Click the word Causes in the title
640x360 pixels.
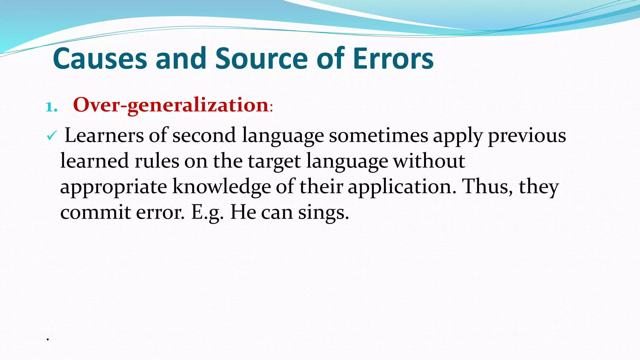click(x=100, y=58)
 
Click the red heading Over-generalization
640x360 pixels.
click(x=171, y=105)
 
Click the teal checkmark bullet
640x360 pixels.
click(x=51, y=136)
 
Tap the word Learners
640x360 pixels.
click(x=104, y=136)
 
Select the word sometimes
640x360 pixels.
click(x=378, y=136)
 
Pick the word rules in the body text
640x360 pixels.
click(x=157, y=161)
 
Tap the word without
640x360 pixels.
click(x=429, y=161)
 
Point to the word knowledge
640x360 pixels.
click(x=222, y=187)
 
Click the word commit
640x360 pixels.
click(x=95, y=212)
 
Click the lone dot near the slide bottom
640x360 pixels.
click(x=48, y=339)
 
